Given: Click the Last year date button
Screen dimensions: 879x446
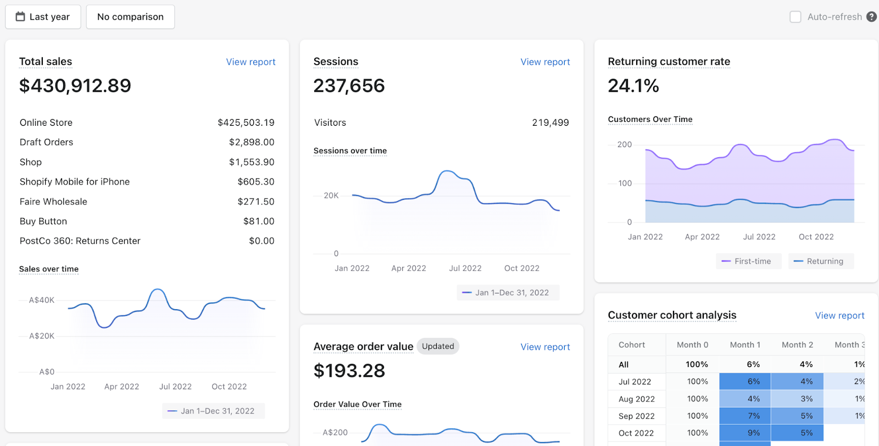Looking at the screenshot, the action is point(43,17).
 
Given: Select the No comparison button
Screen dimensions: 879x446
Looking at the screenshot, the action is point(130,17).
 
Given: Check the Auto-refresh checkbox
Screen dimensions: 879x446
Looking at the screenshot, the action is point(795,17).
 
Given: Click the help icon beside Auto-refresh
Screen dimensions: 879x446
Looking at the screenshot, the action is point(871,17).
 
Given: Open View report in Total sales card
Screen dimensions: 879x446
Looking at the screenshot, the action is point(251,62).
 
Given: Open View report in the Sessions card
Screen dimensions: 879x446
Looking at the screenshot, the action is point(545,62).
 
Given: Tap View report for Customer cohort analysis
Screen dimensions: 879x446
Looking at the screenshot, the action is point(840,316).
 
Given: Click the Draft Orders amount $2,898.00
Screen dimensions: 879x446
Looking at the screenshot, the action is point(252,142).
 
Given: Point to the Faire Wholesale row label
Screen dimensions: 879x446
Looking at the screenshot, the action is point(53,202).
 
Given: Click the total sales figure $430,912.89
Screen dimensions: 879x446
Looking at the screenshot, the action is point(75,86).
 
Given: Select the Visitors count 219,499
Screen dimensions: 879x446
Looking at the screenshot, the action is point(550,123).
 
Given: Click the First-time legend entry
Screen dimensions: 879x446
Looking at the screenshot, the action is point(748,261).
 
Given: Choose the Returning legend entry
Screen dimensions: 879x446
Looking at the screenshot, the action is point(821,261).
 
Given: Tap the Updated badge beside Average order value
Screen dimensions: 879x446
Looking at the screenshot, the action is point(438,347).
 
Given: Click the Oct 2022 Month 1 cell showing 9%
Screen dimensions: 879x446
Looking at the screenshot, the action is point(745,433).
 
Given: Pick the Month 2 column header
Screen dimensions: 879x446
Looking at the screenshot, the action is point(797,345).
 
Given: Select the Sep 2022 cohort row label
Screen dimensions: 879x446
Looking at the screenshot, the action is point(637,416).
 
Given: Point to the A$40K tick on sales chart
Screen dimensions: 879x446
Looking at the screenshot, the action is point(42,300).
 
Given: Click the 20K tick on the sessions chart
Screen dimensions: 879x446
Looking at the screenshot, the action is point(331,196).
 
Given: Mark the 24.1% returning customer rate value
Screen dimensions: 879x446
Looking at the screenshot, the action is point(633,86).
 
